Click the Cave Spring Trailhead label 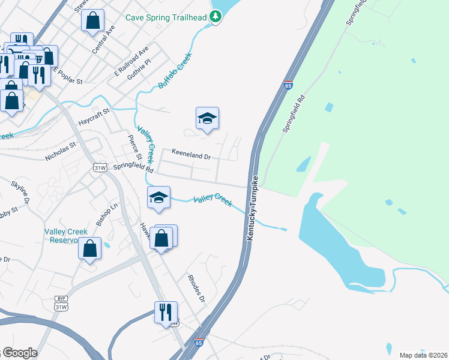tap(166, 17)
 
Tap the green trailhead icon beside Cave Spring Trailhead tap(215, 17)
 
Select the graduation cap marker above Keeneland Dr tap(207, 119)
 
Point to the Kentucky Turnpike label tap(253, 209)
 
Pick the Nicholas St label tap(61, 151)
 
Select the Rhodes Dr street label tap(196, 289)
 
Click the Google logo tap(19, 353)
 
